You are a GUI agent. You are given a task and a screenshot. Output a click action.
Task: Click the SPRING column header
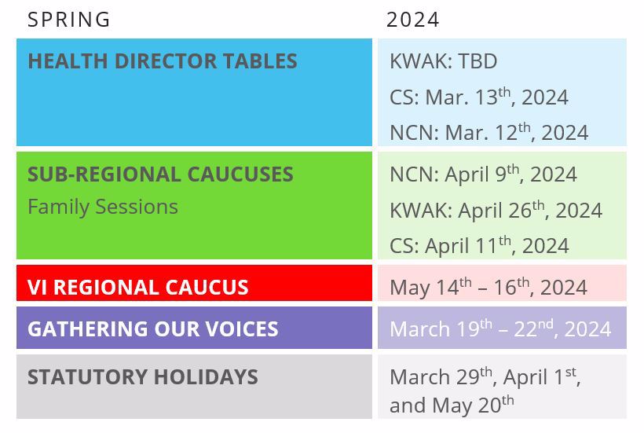pyautogui.click(x=68, y=20)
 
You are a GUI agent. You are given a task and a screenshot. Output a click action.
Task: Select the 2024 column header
pyautogui.click(x=413, y=20)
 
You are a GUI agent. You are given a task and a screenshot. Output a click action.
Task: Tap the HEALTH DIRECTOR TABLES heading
pyautogui.click(x=163, y=61)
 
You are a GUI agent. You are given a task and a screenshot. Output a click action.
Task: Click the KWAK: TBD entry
pyautogui.click(x=444, y=61)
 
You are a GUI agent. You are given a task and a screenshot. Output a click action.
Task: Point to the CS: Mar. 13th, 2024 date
pyautogui.click(x=479, y=97)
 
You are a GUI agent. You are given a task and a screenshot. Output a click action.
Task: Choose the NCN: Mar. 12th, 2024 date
pyautogui.click(x=488, y=132)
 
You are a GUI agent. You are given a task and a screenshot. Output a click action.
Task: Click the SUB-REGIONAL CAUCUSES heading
pyautogui.click(x=160, y=174)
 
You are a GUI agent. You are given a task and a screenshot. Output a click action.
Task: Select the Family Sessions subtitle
pyautogui.click(x=103, y=207)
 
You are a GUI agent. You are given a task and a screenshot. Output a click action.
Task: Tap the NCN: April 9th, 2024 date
pyautogui.click(x=484, y=174)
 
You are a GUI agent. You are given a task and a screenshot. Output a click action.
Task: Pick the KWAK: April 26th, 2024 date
pyautogui.click(x=496, y=210)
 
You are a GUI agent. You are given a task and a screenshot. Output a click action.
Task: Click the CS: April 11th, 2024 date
pyautogui.click(x=479, y=246)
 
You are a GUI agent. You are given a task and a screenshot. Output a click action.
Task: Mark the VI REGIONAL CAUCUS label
pyautogui.click(x=138, y=287)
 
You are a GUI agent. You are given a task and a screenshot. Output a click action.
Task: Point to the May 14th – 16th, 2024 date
pyautogui.click(x=488, y=287)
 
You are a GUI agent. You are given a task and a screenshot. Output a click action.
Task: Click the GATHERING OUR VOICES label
pyautogui.click(x=153, y=329)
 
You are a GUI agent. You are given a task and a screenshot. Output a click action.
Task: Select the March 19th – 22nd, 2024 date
pyautogui.click(x=500, y=328)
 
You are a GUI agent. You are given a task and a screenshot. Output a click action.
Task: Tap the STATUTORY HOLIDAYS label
pyautogui.click(x=143, y=377)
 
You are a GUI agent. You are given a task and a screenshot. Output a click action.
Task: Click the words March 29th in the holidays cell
pyautogui.click(x=441, y=376)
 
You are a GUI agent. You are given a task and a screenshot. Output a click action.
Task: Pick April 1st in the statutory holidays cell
pyautogui.click(x=540, y=376)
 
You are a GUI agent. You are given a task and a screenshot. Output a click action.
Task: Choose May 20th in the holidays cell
pyautogui.click(x=473, y=405)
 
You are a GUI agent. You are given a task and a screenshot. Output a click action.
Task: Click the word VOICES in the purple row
pyautogui.click(x=242, y=329)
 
